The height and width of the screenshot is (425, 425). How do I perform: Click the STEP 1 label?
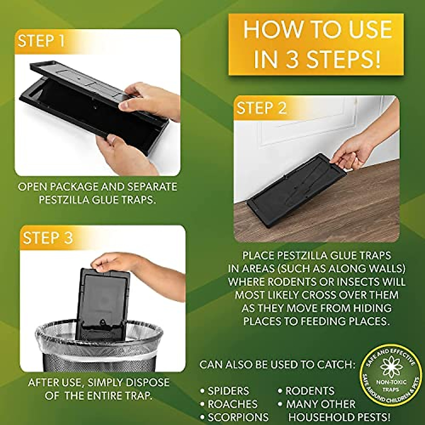[x=41, y=41]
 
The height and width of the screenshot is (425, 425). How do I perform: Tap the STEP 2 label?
[x=261, y=108]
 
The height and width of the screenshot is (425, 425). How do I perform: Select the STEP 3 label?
[x=48, y=238]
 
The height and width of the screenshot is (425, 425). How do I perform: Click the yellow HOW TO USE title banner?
[x=316, y=44]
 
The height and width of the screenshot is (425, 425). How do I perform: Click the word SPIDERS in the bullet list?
[x=228, y=391]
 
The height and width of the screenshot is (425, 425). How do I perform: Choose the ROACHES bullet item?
[x=232, y=404]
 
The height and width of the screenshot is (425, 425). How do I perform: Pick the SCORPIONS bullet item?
[x=238, y=417]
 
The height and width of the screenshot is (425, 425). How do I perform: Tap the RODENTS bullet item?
[x=310, y=391]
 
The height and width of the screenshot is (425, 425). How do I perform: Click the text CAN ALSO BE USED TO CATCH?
[x=277, y=365]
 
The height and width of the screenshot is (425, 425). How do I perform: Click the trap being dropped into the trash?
[x=103, y=301]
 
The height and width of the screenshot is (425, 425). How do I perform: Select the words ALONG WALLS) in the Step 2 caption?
[x=367, y=268]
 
